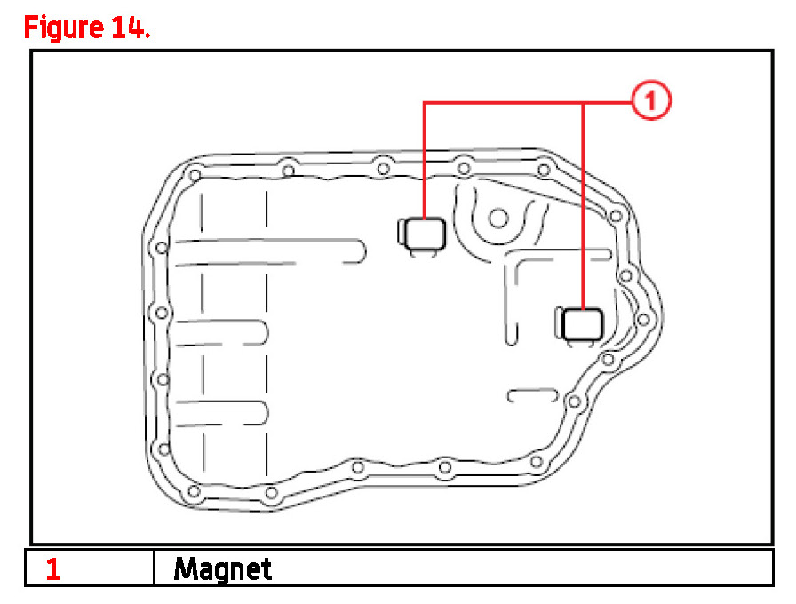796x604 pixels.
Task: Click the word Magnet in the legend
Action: click(222, 568)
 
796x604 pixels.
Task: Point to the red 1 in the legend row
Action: click(53, 569)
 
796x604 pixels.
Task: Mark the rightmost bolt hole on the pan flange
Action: click(644, 319)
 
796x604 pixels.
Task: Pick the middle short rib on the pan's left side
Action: click(222, 333)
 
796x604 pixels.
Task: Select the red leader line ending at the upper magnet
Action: click(425, 160)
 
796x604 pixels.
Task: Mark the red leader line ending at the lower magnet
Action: click(584, 204)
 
